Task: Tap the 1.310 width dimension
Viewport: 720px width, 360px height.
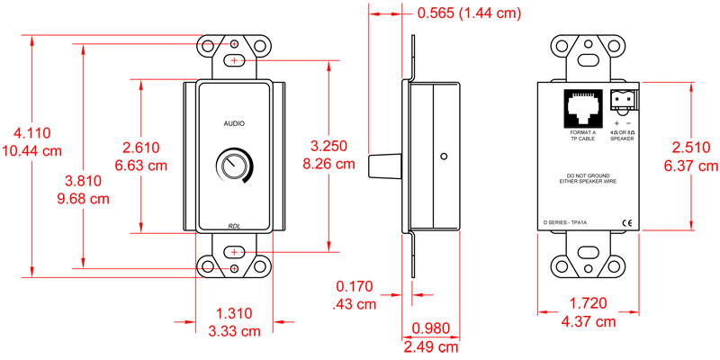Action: pyautogui.click(x=234, y=313)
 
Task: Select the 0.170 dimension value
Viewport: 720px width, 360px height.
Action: pyautogui.click(x=355, y=287)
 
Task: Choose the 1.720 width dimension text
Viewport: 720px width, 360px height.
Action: pyautogui.click(x=589, y=305)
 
